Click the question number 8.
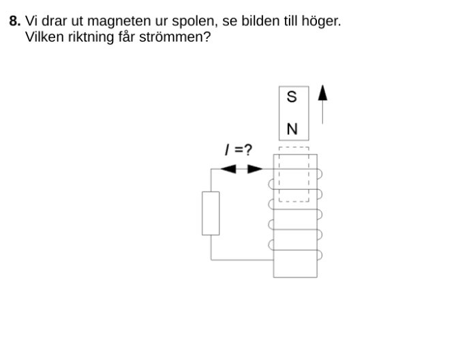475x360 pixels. [14, 21]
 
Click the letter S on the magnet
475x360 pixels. [292, 97]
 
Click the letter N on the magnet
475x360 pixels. [292, 129]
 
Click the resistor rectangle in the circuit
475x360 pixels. [211, 213]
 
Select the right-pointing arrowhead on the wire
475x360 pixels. [254, 168]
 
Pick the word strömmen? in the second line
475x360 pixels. [179, 36]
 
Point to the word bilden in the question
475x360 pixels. [256, 21]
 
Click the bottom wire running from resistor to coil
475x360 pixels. [242, 260]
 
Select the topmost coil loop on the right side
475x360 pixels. [320, 175]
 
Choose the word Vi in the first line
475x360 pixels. [31, 21]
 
